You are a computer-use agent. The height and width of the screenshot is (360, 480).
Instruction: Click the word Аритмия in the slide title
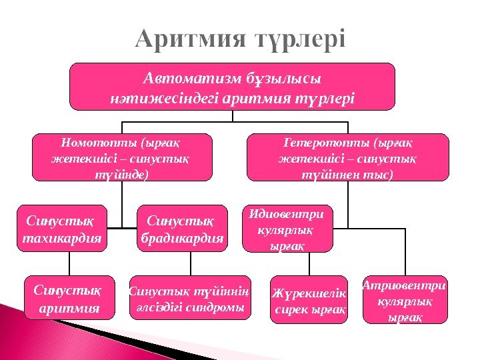click(x=181, y=39)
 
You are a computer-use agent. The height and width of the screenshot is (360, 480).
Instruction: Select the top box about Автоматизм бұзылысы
click(x=233, y=87)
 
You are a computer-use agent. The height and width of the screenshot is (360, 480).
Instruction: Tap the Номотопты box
click(x=123, y=157)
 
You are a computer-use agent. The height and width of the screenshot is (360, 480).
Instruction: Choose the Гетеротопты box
click(x=347, y=157)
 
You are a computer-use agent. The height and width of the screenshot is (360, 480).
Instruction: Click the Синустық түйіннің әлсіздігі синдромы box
click(x=189, y=298)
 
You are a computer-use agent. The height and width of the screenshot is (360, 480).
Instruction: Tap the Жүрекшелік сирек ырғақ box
click(x=309, y=299)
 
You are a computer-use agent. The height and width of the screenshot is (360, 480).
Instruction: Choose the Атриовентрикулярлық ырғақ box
click(x=404, y=299)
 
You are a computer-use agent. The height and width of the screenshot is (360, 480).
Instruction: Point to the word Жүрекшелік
click(x=309, y=293)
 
